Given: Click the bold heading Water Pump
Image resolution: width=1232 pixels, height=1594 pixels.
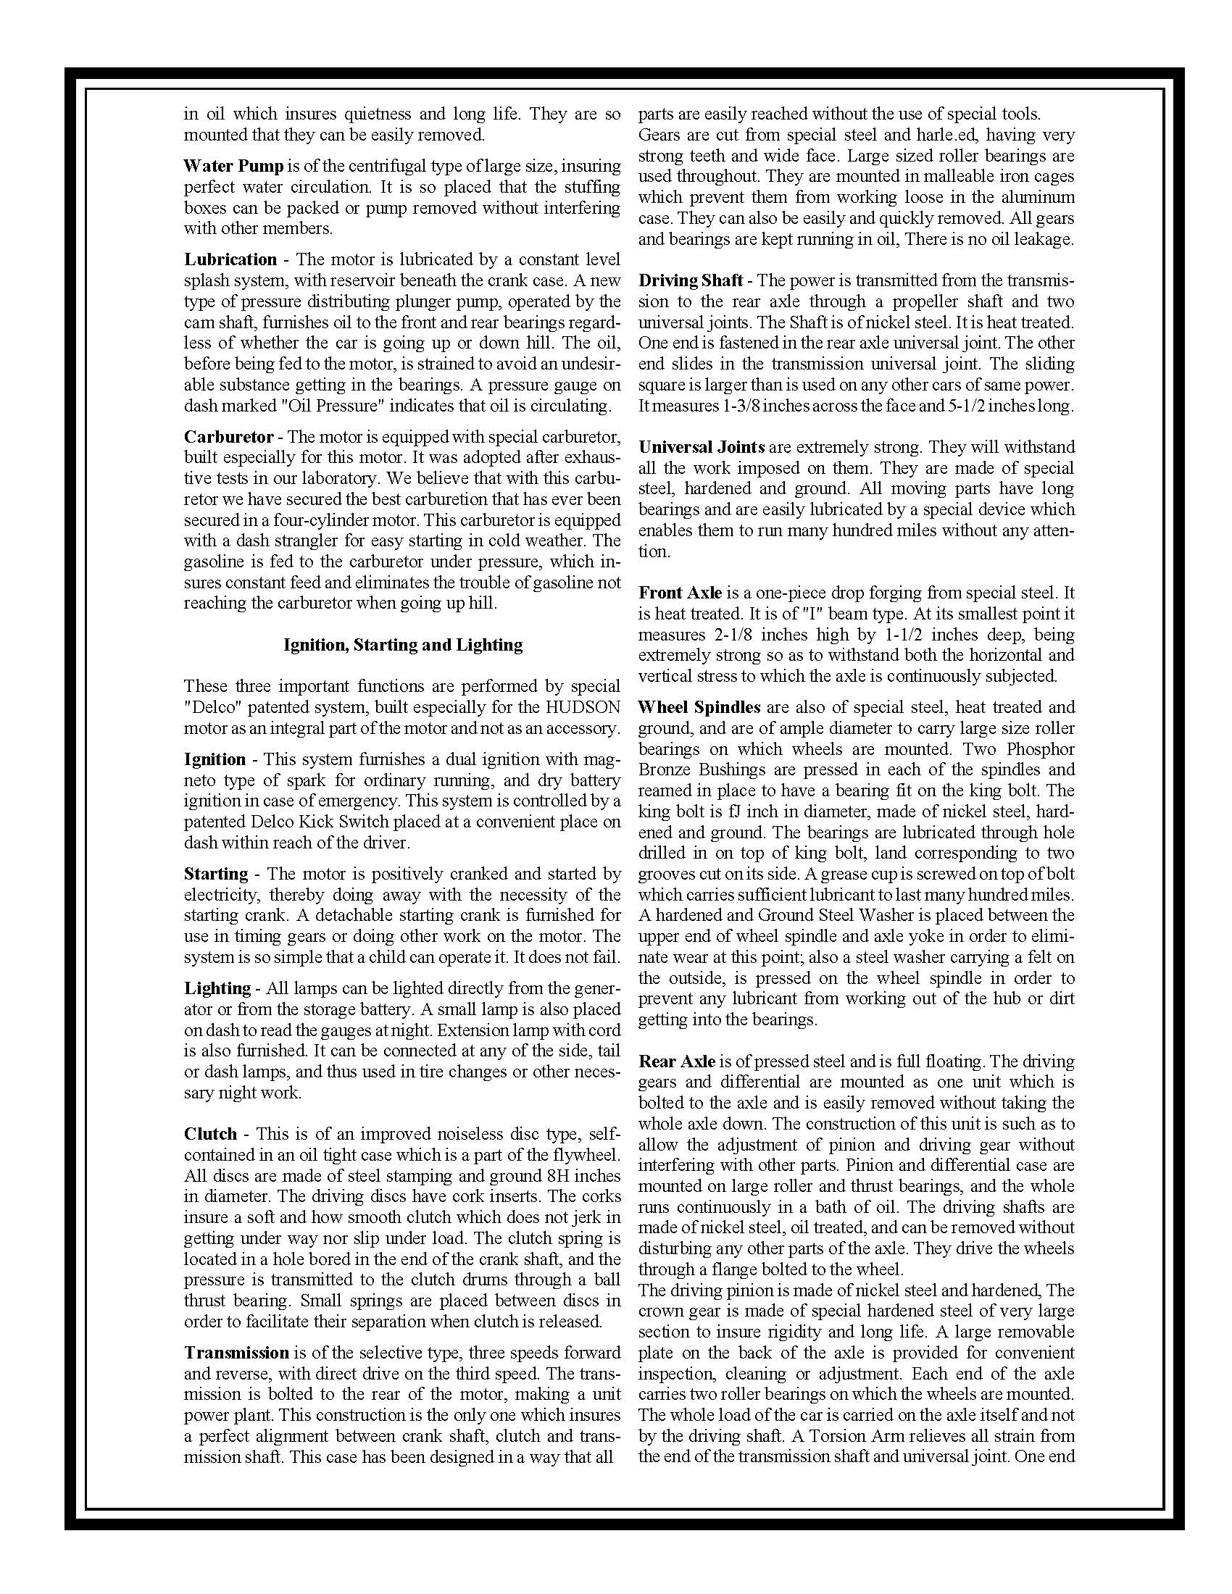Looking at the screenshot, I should (233, 167).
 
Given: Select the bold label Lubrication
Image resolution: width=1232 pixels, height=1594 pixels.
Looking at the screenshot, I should (230, 260).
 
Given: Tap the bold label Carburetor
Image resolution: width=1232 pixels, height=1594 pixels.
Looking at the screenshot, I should (228, 437).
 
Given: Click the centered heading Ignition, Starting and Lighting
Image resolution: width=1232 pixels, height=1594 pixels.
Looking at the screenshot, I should (403, 645).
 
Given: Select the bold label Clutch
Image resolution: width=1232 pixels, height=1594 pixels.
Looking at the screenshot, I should (210, 1134).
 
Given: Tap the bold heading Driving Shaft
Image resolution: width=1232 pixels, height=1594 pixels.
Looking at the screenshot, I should (691, 281).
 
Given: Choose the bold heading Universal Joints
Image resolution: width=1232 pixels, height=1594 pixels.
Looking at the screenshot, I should (702, 447).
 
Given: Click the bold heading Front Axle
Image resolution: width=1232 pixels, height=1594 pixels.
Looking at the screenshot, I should (680, 593).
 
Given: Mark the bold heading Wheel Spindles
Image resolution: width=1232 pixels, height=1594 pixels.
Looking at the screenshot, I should (699, 707).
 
